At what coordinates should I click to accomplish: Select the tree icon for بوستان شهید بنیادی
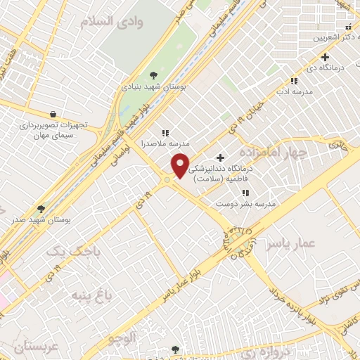point(154,75)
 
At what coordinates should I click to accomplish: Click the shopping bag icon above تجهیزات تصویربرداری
point(54,113)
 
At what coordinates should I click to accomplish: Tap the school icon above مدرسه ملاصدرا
point(165,132)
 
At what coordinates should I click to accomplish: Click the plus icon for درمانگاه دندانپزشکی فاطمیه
point(221,157)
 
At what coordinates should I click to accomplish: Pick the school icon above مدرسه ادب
point(293,81)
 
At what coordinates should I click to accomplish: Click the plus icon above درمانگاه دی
point(325,57)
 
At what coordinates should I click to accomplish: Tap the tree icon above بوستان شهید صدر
point(41,209)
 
